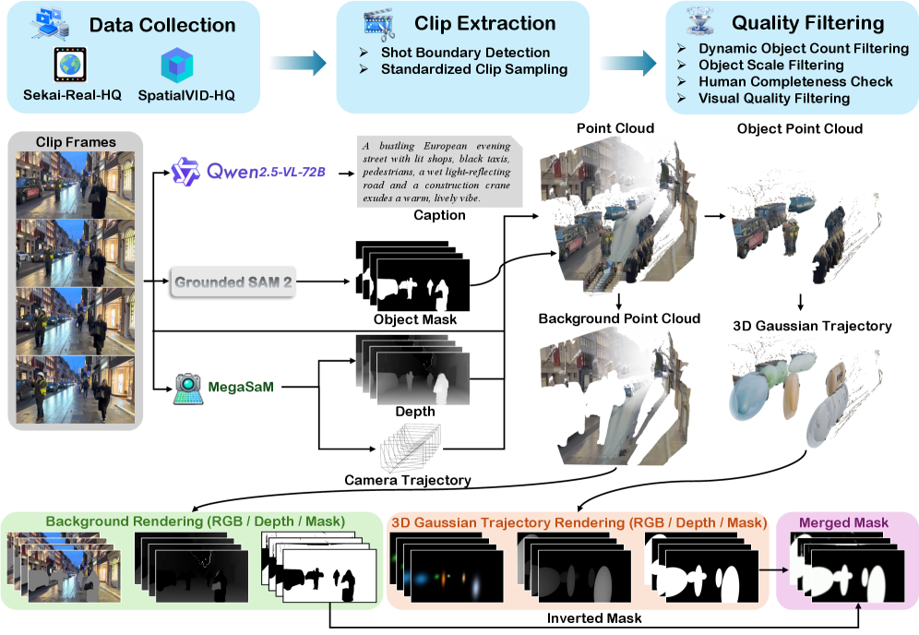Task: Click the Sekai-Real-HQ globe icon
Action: pyautogui.click(x=69, y=66)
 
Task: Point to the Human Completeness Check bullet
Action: pyautogui.click(x=795, y=81)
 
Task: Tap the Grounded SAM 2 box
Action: pyautogui.click(x=233, y=281)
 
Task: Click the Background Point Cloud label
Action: pyautogui.click(x=619, y=319)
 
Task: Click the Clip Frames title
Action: pyautogui.click(x=76, y=142)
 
